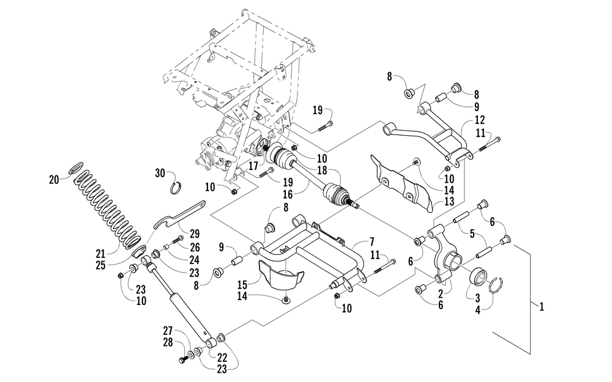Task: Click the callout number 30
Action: [160, 173]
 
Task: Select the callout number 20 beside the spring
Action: [54, 180]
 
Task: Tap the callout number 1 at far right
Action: [542, 307]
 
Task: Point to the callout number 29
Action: [195, 234]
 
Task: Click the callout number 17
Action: [253, 166]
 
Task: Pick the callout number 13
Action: [449, 201]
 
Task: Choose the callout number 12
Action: [480, 119]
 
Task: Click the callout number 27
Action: [168, 331]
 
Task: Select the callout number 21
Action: [101, 254]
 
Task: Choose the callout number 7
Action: [371, 243]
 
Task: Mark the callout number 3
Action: [478, 299]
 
